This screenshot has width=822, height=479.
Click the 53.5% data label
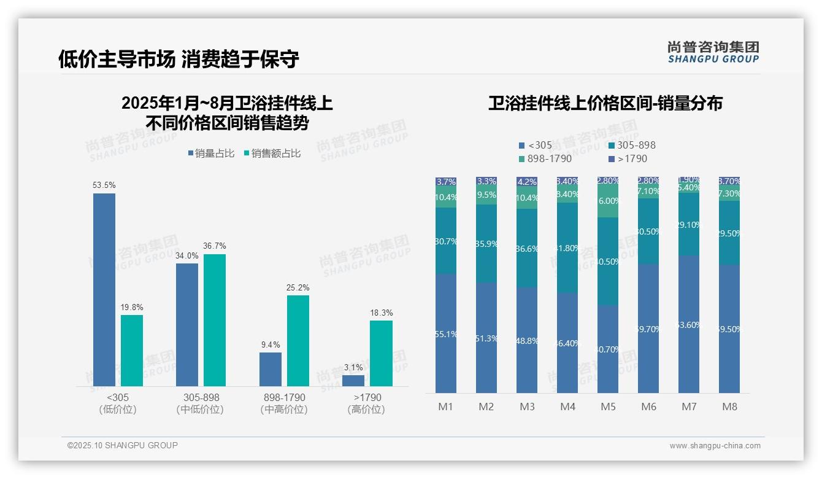[x=104, y=185]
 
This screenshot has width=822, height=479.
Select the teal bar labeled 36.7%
[x=214, y=320]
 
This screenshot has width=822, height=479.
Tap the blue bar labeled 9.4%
[x=271, y=369]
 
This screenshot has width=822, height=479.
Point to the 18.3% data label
[x=381, y=313]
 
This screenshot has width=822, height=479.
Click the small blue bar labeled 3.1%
[x=353, y=380]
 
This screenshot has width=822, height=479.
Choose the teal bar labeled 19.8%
[x=131, y=351]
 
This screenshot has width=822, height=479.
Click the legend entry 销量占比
[x=210, y=154]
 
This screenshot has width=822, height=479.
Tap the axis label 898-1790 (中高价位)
[x=283, y=403]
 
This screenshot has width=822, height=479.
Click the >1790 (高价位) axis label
[x=367, y=403]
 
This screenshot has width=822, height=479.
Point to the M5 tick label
[x=608, y=407]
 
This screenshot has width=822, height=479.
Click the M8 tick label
[x=729, y=407]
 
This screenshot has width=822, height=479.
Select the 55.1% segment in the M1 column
[x=446, y=333]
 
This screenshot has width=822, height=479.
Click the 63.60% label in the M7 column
[x=689, y=325]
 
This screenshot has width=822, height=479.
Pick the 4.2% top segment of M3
[x=527, y=182]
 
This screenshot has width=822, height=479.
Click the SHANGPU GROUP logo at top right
[x=713, y=52]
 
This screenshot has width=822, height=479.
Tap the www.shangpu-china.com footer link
[x=715, y=446]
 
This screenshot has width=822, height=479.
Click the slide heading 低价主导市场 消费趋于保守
[x=179, y=59]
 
